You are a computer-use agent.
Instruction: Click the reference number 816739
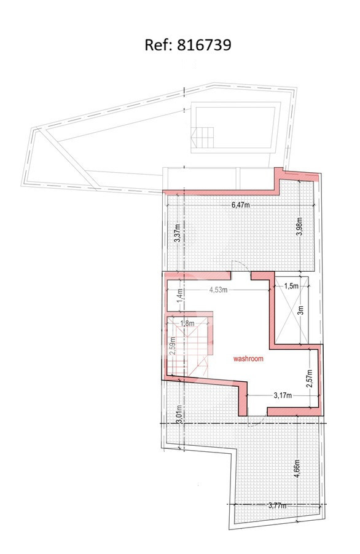tap(204, 46)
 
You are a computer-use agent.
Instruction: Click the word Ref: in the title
tap(158, 46)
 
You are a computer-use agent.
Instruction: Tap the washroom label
tap(248, 358)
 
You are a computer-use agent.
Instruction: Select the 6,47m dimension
tap(240, 205)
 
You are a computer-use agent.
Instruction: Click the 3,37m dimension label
tap(178, 233)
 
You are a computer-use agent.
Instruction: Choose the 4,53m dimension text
tap(218, 290)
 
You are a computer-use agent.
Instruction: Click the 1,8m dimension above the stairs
tap(187, 323)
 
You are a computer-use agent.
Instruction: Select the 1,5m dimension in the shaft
tap(291, 286)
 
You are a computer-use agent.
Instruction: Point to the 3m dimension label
tap(300, 309)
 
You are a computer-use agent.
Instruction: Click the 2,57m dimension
tap(310, 378)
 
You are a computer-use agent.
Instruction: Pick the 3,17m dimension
tap(283, 395)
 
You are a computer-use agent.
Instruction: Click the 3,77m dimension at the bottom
tap(277, 505)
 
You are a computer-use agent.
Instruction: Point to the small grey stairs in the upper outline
tap(203, 138)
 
